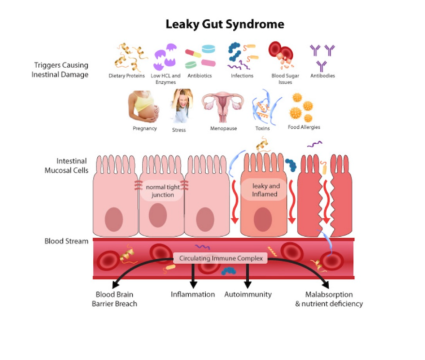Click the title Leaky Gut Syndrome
[225, 24]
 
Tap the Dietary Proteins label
[126, 76]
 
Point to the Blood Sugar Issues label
[285, 79]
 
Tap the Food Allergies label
[304, 127]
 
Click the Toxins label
[262, 129]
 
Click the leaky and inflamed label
[266, 190]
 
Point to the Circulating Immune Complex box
[220, 258]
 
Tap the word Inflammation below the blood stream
[193, 294]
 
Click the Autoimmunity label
[248, 294]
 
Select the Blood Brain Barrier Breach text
[115, 299]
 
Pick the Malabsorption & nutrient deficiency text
[329, 299]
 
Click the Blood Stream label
[66, 241]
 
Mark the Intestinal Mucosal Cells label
[66, 165]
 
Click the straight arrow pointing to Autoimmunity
[248, 276]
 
